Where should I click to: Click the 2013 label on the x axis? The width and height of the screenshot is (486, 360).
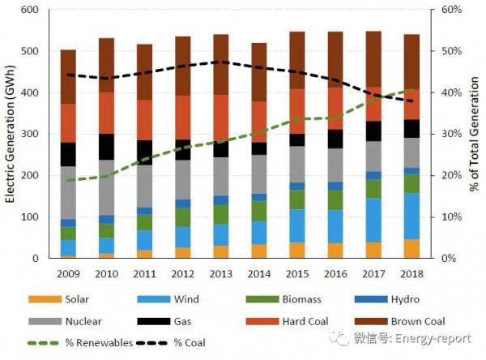pyautogui.click(x=220, y=272)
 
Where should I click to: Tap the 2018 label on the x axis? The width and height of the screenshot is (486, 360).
pyautogui.click(x=411, y=272)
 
